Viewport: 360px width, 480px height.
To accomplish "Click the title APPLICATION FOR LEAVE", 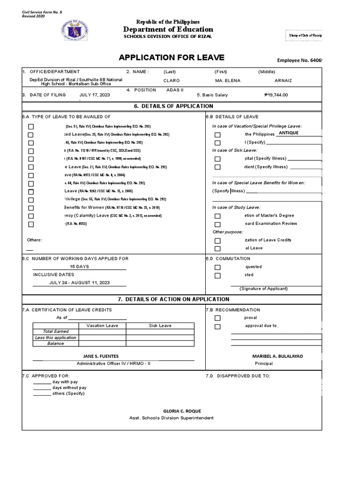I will [x=165, y=58].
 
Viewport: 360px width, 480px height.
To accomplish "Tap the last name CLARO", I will [x=172, y=81].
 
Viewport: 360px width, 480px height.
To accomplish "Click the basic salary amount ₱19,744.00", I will [x=276, y=95].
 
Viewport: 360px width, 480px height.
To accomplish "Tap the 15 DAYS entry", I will [x=79, y=266].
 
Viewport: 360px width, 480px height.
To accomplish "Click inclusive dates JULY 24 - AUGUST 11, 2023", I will [x=79, y=283].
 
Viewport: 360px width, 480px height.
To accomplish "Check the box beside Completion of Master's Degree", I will [x=217, y=216].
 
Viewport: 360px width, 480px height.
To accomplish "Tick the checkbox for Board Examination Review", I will [x=217, y=224].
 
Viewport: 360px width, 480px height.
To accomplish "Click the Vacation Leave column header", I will [x=102, y=325].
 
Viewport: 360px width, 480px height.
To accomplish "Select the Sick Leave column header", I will [x=160, y=325].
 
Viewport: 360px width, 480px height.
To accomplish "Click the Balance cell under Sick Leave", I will [x=160, y=344].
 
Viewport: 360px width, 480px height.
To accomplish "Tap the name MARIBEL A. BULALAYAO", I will [x=277, y=356].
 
